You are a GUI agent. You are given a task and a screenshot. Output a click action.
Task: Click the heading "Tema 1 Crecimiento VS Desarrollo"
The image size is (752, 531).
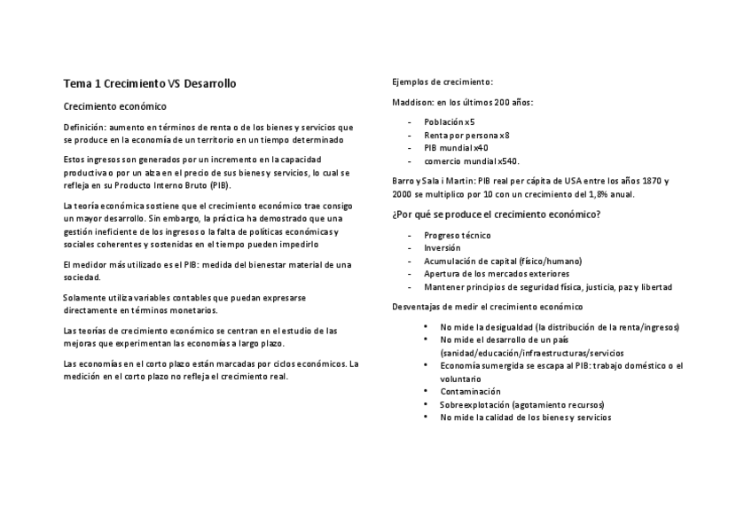click(149, 84)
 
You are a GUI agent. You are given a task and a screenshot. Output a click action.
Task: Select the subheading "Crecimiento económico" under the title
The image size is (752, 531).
click(114, 105)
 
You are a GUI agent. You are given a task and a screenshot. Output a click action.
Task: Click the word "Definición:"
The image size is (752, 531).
click(84, 127)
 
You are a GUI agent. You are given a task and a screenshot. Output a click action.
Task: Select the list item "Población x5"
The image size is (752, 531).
click(449, 121)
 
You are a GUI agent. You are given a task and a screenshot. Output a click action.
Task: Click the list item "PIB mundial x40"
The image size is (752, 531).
click(456, 148)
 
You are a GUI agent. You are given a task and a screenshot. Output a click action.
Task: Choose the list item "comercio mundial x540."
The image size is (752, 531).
click(472, 161)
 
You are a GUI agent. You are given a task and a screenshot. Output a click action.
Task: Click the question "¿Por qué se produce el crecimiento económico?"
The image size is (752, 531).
click(496, 215)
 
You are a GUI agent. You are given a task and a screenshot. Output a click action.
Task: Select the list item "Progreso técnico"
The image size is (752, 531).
click(458, 235)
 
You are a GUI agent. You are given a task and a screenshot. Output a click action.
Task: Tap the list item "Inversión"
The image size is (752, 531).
click(443, 248)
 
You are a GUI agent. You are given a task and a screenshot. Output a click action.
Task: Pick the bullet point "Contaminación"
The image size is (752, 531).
click(470, 391)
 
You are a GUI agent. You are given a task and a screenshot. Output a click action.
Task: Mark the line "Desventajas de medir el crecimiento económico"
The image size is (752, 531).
click(487, 307)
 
